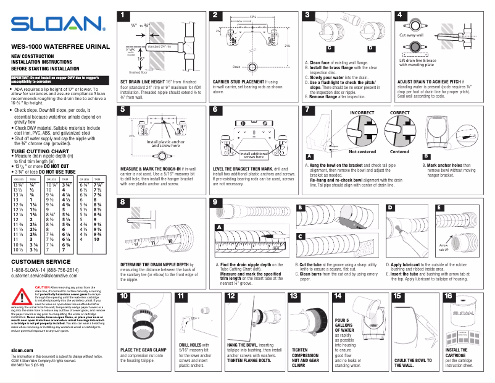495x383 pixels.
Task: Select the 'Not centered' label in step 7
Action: pyautogui.click(x=362, y=152)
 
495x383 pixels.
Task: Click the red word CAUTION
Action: pyautogui.click(x=43, y=288)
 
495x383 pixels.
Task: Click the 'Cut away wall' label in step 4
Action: pyautogui.click(x=411, y=36)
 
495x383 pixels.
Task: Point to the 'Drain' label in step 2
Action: pyautogui.click(x=236, y=66)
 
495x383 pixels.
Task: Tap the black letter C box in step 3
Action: pyautogui.click(x=331, y=48)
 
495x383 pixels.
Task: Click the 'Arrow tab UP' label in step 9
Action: pyautogui.click(x=443, y=249)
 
